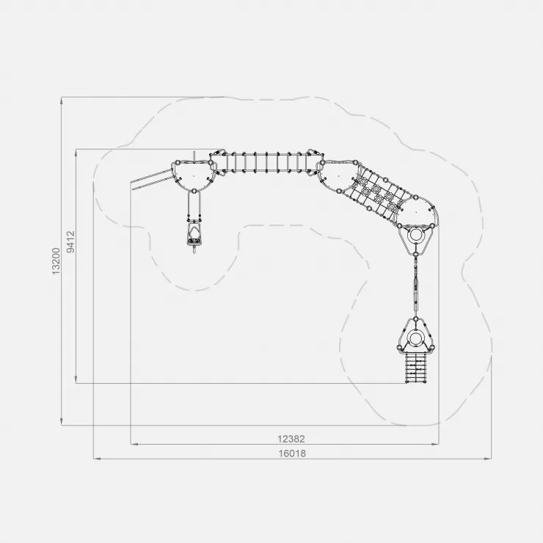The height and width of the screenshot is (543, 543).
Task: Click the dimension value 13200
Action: (x=56, y=261)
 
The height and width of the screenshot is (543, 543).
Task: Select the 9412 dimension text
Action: (x=70, y=241)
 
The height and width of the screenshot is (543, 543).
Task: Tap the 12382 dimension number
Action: (x=291, y=439)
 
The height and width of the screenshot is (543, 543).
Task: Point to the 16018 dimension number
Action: (x=293, y=453)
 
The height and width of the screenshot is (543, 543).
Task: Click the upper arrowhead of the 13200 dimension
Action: (x=62, y=101)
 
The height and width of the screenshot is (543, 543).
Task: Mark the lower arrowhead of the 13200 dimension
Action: (x=62, y=421)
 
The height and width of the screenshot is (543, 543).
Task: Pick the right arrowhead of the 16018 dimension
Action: (x=487, y=459)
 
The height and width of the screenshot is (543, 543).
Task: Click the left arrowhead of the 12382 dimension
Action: (x=134, y=444)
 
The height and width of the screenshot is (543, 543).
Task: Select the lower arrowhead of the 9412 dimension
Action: (x=76, y=379)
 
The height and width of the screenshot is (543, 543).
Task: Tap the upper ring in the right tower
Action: (x=415, y=236)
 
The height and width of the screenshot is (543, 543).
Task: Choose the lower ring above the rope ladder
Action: (x=415, y=337)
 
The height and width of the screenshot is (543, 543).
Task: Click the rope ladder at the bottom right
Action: (x=415, y=368)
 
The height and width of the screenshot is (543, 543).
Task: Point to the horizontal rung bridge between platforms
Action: (x=266, y=162)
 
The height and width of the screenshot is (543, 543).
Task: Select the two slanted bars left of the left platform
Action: (x=151, y=179)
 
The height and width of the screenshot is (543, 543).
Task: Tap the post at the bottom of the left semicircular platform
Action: (x=194, y=191)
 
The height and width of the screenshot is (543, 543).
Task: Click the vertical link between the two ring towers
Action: (x=415, y=285)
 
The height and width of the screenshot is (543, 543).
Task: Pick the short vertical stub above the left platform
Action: (x=194, y=156)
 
